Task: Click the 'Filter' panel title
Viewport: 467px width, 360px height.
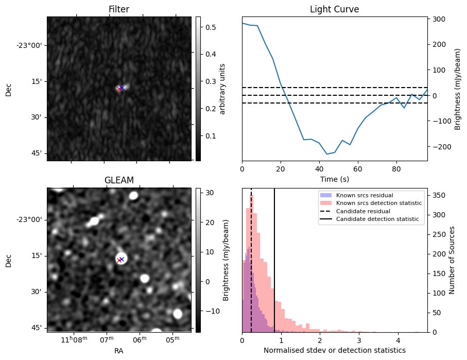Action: pyautogui.click(x=119, y=9)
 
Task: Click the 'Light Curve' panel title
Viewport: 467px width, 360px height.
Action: pyautogui.click(x=334, y=9)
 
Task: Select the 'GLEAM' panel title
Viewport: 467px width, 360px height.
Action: pyautogui.click(x=119, y=180)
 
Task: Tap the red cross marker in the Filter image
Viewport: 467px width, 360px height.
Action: pyautogui.click(x=119, y=89)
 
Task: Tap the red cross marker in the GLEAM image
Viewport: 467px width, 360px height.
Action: pyautogui.click(x=119, y=260)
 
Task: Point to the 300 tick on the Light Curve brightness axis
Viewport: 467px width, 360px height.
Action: pyautogui.click(x=439, y=19)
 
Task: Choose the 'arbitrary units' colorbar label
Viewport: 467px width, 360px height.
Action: pyautogui.click(x=222, y=89)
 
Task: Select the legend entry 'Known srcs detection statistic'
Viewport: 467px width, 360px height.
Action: pyautogui.click(x=378, y=203)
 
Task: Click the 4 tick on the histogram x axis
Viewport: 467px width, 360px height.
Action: pyautogui.click(x=397, y=340)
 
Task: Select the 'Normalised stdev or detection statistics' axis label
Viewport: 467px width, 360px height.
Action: pyautogui.click(x=334, y=350)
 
